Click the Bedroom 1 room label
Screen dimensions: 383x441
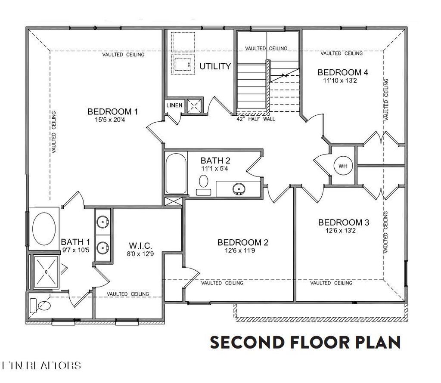[x=112, y=112]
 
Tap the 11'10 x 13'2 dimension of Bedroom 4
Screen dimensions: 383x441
[x=342, y=80]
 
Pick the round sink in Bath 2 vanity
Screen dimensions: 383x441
[x=237, y=188]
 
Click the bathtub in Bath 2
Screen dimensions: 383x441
[x=176, y=173]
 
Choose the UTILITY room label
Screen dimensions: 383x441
[x=215, y=67]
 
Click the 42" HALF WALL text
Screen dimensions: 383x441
[x=256, y=119]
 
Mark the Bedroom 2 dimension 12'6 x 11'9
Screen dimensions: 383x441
[x=243, y=250]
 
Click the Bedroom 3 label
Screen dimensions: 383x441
[x=343, y=222]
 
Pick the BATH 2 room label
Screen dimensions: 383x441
[x=216, y=161]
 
